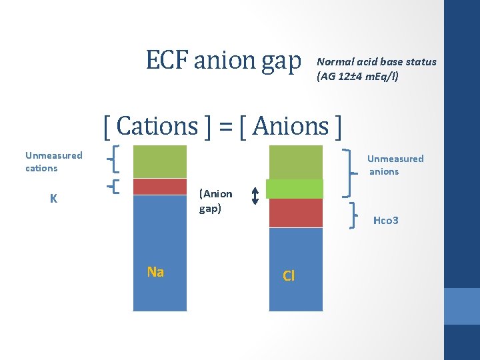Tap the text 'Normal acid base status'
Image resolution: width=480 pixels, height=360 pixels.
(x=377, y=61)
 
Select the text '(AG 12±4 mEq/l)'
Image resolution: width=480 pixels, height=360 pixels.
(x=357, y=77)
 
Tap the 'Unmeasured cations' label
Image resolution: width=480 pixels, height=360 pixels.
(x=53, y=161)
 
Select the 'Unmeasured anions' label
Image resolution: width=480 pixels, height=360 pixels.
(x=395, y=165)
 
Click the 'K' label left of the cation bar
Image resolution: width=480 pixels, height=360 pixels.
(x=53, y=199)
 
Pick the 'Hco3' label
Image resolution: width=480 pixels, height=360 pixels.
(x=386, y=220)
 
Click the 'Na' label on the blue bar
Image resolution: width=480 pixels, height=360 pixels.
(x=155, y=271)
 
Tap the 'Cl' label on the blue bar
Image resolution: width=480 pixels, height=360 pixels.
(x=289, y=275)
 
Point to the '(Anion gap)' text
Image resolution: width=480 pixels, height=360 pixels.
(x=216, y=201)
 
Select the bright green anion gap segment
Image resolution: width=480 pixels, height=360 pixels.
(x=295, y=189)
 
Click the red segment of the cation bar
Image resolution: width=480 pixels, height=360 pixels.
(x=160, y=187)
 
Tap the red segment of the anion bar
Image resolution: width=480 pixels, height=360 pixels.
(x=295, y=213)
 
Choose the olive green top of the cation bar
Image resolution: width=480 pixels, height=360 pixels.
(x=160, y=161)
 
